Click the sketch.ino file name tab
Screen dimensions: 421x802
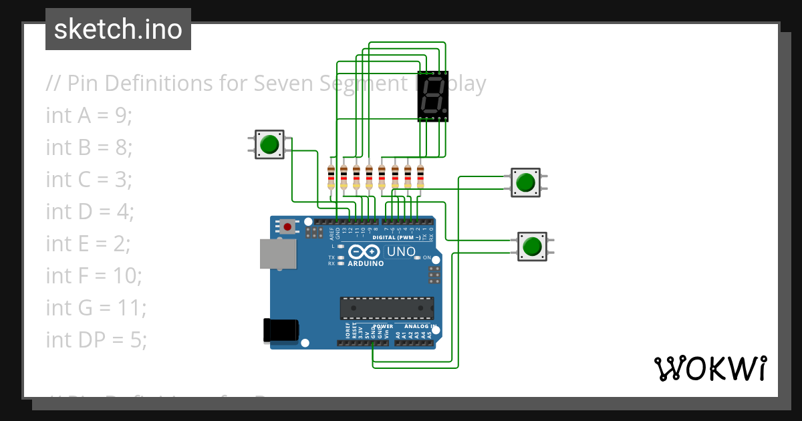click(118, 29)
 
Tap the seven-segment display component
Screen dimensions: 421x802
click(432, 96)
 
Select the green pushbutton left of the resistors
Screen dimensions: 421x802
click(269, 144)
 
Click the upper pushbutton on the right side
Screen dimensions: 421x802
click(525, 182)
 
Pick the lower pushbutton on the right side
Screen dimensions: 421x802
click(532, 247)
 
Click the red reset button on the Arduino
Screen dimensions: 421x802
click(287, 227)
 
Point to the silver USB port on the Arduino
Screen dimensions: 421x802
click(277, 253)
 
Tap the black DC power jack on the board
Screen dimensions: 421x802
click(281, 330)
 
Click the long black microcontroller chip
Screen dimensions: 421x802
click(386, 307)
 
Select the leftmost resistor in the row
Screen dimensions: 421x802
click(331, 176)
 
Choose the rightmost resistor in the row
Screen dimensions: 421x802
click(420, 176)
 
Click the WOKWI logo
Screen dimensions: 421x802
click(710, 368)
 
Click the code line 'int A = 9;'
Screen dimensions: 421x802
click(90, 116)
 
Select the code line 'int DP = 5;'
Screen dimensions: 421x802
click(96, 340)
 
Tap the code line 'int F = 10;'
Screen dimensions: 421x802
click(94, 275)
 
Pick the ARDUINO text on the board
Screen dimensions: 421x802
click(366, 263)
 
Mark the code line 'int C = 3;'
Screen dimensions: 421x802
click(90, 180)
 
